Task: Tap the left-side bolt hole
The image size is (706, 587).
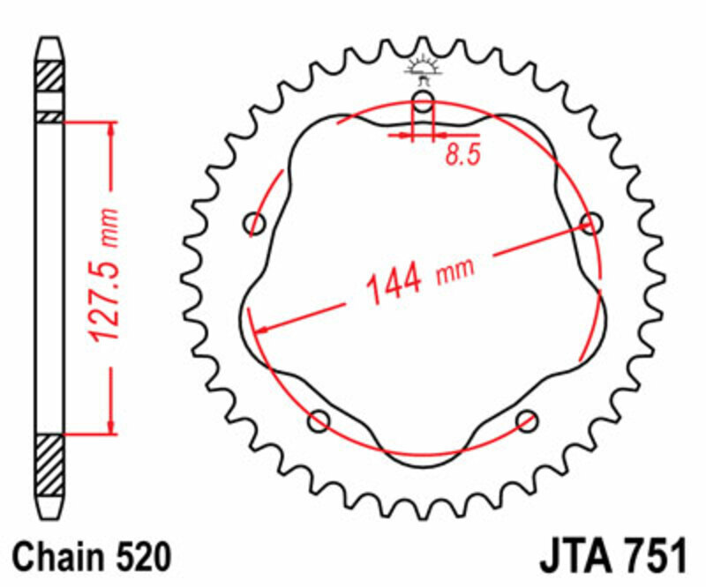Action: pos(256,223)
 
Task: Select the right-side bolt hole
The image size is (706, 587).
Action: pos(590,223)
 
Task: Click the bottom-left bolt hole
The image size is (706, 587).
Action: pos(319,420)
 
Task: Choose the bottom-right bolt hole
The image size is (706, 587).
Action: pos(527,420)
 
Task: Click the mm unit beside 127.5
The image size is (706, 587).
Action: pos(109,227)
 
